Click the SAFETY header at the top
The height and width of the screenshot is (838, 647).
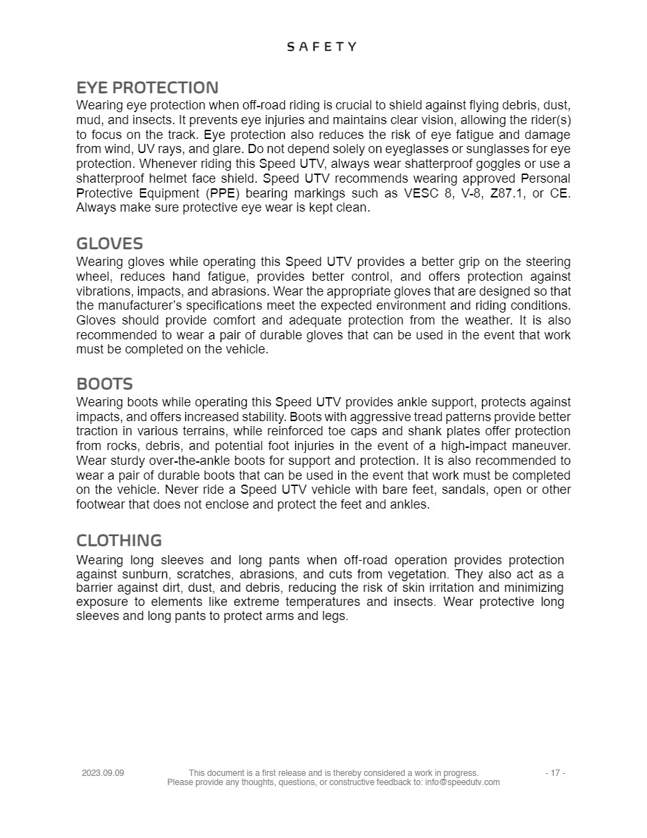[322, 47]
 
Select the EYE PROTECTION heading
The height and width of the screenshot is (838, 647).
[147, 88]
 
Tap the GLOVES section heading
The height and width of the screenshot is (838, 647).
[109, 244]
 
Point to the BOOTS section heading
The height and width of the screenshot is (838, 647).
[104, 384]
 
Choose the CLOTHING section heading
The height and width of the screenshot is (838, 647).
[119, 541]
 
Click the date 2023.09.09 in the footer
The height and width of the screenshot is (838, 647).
[103, 773]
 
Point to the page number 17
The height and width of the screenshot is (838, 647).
[555, 773]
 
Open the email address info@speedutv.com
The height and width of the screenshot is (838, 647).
[462, 782]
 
